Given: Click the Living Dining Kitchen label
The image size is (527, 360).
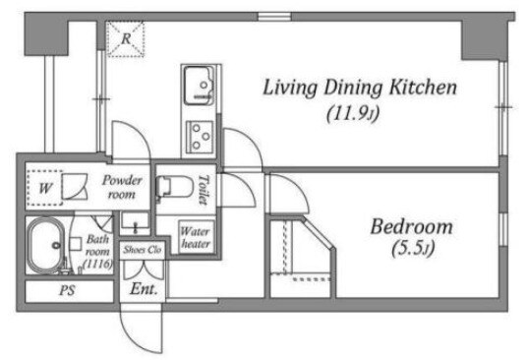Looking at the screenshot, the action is point(360,88).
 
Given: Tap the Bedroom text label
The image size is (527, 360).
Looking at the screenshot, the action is point(411,227).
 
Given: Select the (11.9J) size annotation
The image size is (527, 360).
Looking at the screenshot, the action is point(353,113).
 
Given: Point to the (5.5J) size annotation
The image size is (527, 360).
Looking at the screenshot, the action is point(413,249).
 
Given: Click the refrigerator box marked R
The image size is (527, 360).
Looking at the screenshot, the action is point(126,39).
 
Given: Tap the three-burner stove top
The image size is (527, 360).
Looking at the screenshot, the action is point(200,137).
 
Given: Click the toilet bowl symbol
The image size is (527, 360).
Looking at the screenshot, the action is point(174,187).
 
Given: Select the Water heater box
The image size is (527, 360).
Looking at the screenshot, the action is point(196,237).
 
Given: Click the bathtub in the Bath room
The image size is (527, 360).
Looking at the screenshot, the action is point(46,245).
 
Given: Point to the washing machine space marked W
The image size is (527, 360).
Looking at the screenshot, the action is point(45,188).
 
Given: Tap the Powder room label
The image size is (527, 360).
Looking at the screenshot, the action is point(122,187).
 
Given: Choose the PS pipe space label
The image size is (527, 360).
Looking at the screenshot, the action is point(67,290).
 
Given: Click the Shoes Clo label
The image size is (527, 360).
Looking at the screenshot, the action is point(143,250).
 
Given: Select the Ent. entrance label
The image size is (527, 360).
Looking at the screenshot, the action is point(144,289).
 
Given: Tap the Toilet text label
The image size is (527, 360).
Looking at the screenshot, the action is point(204,190).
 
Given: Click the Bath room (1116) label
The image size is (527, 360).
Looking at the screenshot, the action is point(97,252).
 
